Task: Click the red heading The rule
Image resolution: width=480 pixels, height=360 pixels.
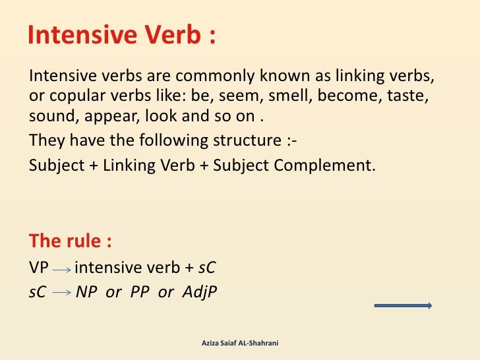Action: point(70,241)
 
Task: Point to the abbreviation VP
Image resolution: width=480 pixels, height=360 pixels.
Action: point(39,268)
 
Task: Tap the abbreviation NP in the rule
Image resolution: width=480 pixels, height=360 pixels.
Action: point(86,292)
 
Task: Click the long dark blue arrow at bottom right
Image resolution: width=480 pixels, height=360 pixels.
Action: point(403,305)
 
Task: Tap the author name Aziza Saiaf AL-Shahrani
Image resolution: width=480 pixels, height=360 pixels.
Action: point(240,344)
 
